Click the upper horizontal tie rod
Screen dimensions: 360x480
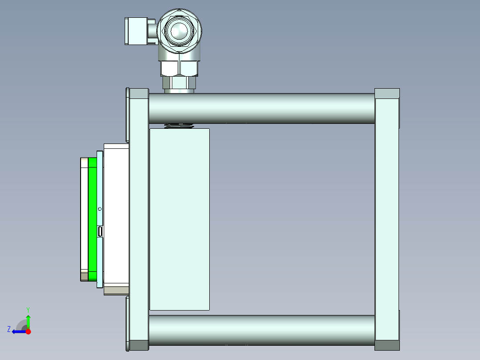click(x=267, y=108)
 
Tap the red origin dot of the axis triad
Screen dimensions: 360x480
click(x=28, y=331)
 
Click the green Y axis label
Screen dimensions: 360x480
click(x=28, y=309)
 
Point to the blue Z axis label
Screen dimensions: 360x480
click(x=9, y=329)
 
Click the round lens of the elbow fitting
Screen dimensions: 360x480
click(x=177, y=31)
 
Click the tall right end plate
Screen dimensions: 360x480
click(x=386, y=218)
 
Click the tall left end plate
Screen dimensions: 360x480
click(x=139, y=218)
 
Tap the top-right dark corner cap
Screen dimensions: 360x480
click(x=387, y=94)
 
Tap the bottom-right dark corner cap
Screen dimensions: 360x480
click(x=387, y=345)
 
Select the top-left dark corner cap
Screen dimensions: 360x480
click(x=138, y=93)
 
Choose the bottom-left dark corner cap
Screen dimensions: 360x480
click(x=138, y=345)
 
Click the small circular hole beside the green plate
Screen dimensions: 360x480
click(x=100, y=209)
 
